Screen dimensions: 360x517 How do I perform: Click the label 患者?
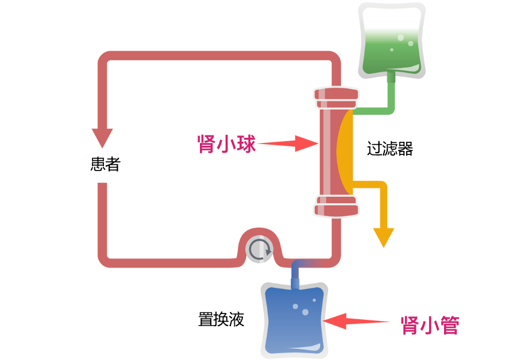105,165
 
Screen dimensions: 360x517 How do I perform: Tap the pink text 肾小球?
226,144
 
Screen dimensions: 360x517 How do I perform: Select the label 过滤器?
390,149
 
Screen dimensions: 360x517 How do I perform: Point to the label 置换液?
221,319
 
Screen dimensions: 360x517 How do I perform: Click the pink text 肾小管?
430,325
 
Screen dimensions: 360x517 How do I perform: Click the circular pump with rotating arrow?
259,250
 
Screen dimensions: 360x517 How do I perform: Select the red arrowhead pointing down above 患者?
102,137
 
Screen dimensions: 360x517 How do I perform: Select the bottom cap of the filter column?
336,206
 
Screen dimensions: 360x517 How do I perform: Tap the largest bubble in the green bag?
410,43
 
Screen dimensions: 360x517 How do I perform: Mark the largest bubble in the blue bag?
304,312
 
